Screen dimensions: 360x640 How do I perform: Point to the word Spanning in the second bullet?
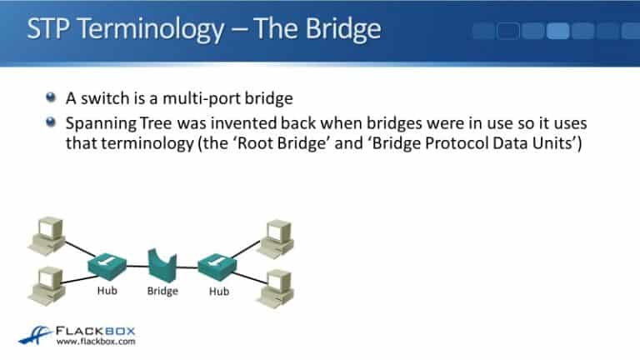[99, 122]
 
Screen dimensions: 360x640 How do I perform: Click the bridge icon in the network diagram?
[162, 265]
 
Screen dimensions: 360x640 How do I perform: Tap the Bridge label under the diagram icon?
[162, 291]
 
